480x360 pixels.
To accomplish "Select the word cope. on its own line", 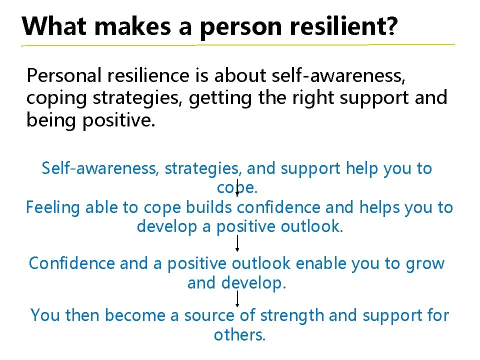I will [237, 188].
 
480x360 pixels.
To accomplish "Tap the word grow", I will [425, 263].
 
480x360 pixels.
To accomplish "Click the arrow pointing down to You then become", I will [237, 299].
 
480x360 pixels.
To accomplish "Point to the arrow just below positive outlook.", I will [237, 243].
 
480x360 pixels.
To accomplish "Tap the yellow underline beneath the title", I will [238, 45].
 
